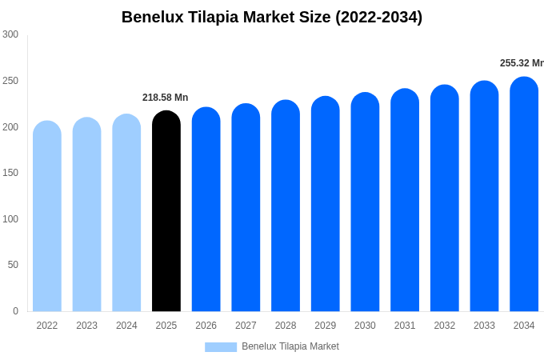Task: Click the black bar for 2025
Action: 166,212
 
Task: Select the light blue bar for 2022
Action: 47,217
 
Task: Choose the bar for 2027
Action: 246,208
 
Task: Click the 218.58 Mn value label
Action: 166,98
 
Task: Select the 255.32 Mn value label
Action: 522,63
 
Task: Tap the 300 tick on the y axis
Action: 10,34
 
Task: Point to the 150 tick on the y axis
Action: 10,173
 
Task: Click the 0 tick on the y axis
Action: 15,311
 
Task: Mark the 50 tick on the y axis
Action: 13,265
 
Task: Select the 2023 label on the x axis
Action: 86,326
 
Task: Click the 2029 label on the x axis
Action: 325,326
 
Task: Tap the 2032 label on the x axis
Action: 444,326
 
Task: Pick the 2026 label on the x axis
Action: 206,326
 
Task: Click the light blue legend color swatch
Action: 221,347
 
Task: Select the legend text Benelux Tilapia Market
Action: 290,346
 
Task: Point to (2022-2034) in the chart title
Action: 374,17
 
